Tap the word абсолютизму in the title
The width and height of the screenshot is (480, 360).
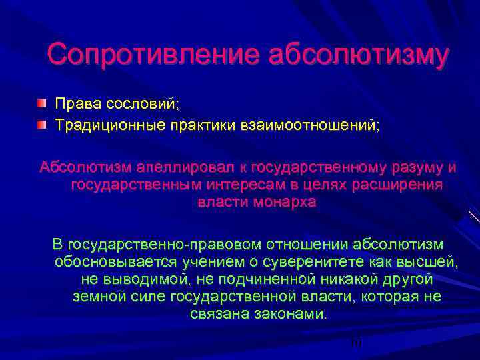tap(357, 54)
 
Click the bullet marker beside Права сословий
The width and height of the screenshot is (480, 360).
tap(42, 104)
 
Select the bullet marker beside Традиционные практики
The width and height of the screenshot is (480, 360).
tap(42, 125)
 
